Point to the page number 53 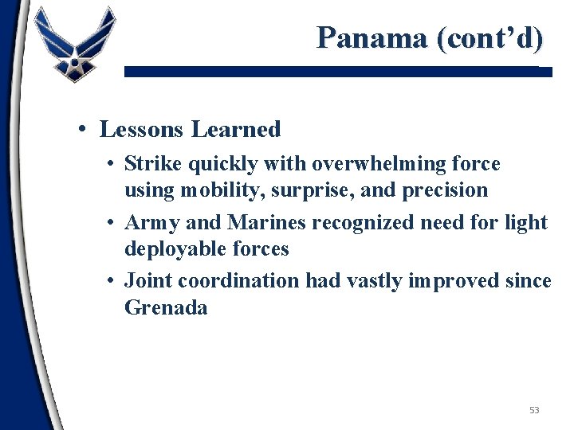pyautogui.click(x=534, y=410)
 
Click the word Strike pyautogui.click(x=152, y=164)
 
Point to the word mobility pyautogui.click(x=211, y=190)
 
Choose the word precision pyautogui.click(x=448, y=190)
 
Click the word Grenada pyautogui.click(x=166, y=307)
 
